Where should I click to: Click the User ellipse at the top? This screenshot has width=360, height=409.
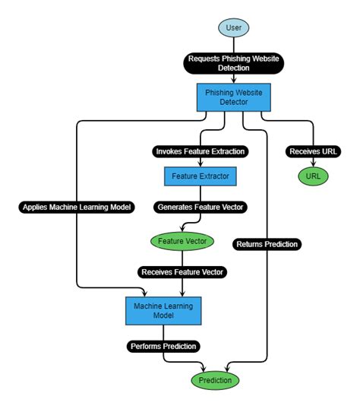tap(233, 28)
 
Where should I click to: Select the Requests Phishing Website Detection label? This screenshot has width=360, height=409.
tap(233, 63)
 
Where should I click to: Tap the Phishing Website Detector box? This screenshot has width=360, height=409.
tap(233, 96)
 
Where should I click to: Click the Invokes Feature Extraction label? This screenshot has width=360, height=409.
tap(201, 151)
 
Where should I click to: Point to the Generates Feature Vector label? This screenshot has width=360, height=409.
tap(201, 206)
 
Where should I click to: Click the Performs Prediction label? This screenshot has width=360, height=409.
tap(164, 346)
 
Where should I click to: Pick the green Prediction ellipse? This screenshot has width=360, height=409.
tap(215, 379)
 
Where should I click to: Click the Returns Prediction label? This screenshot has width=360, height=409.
tap(267, 244)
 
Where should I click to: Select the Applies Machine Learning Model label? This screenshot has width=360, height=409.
tap(77, 207)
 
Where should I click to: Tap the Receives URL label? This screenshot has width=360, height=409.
tap(312, 151)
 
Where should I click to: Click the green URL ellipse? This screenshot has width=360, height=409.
tap(312, 176)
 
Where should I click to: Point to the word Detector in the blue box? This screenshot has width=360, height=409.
tap(233, 101)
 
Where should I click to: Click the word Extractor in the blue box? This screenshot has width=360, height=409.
tap(215, 176)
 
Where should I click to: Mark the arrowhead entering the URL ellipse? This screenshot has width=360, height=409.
tap(312, 165)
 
